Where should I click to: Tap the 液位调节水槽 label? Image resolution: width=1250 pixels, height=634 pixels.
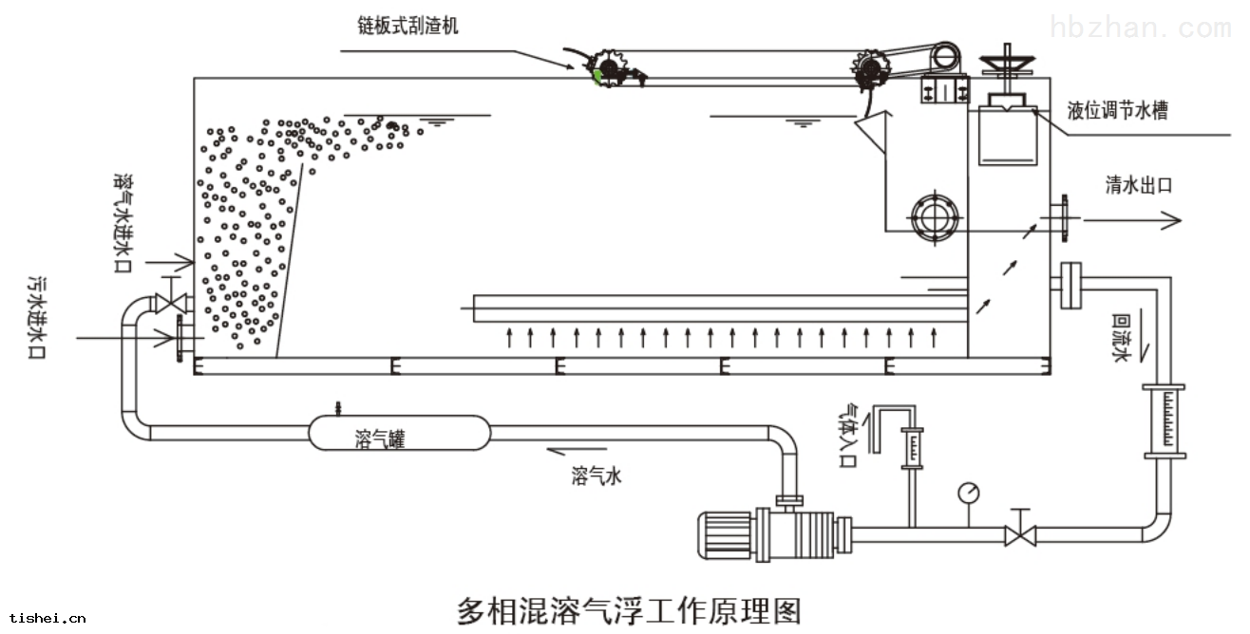pos(1117,111)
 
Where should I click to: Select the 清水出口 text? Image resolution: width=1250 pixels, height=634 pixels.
pos(1138,184)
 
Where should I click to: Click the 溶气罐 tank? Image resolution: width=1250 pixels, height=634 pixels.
pos(398,433)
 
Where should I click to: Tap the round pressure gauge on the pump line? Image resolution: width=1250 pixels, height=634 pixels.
pos(969,493)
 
